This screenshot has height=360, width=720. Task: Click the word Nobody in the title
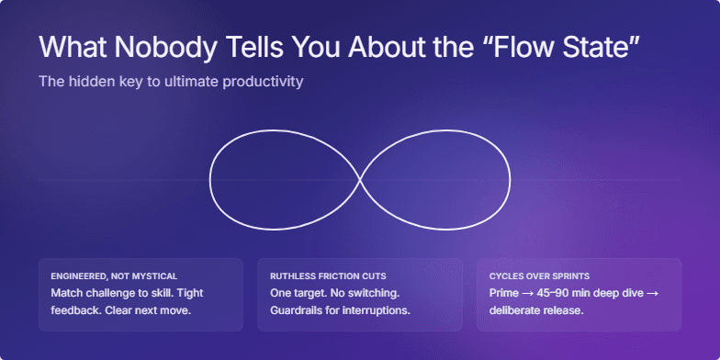pyautogui.click(x=155, y=48)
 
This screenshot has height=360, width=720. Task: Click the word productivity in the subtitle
pyautogui.click(x=260, y=82)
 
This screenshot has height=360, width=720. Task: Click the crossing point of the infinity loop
pyautogui.click(x=359, y=180)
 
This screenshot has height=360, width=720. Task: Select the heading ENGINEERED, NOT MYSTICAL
pyautogui.click(x=115, y=276)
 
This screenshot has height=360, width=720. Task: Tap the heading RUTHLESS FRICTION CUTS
pyautogui.click(x=328, y=276)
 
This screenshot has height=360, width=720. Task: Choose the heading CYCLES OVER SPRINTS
pyautogui.click(x=539, y=276)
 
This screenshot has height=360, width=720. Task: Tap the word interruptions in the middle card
pyautogui.click(x=374, y=310)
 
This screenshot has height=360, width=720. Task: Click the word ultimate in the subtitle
pyautogui.click(x=185, y=82)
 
